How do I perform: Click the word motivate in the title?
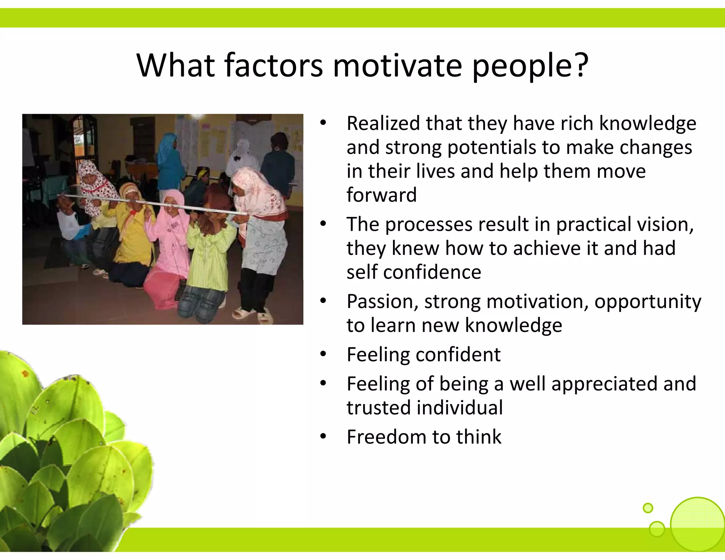(x=397, y=65)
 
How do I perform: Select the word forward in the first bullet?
(x=382, y=195)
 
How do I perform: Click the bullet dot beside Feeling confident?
(x=323, y=355)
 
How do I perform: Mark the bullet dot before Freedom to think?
(x=323, y=437)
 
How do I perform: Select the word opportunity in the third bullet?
(x=647, y=302)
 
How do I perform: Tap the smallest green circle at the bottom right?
(x=647, y=508)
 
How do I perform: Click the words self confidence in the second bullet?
(x=413, y=272)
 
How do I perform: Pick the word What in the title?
(x=176, y=65)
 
